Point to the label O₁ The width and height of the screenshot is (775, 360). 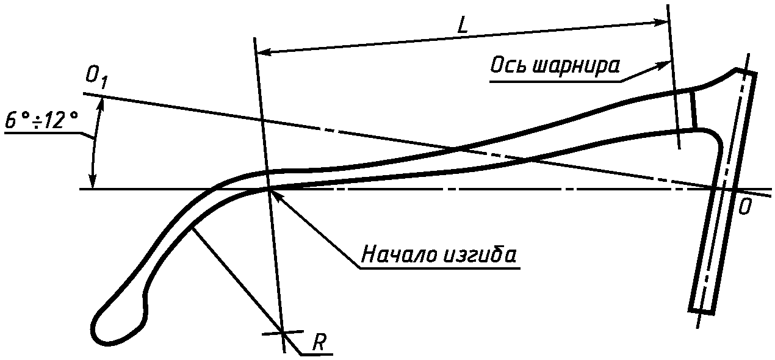point(96,77)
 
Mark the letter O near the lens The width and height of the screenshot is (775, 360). point(744,207)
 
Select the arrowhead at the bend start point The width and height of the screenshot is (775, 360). point(274,194)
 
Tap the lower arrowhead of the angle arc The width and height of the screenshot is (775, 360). point(93,183)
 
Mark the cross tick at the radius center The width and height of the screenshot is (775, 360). point(283,332)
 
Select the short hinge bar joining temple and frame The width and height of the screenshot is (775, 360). point(693,110)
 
